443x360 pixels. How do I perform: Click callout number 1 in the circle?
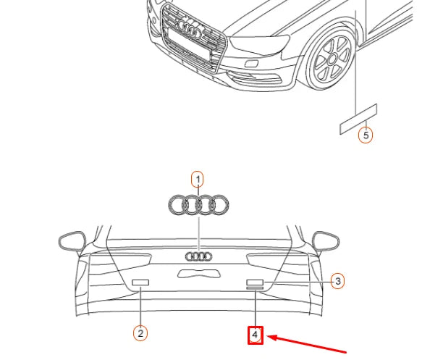[x=197, y=178]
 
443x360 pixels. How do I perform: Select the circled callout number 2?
[x=141, y=332]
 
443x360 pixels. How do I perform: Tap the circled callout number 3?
[x=337, y=280]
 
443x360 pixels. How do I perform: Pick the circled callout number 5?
[x=366, y=135]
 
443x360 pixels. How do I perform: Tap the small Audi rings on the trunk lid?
[x=198, y=256]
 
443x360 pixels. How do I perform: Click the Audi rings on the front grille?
[x=190, y=30]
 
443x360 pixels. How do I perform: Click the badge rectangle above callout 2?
[x=140, y=282]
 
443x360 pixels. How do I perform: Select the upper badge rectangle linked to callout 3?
[x=255, y=281]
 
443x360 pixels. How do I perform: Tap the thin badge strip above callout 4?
[x=255, y=289]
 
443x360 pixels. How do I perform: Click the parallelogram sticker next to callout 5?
[x=358, y=119]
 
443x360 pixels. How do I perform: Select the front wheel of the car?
[x=330, y=59]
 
